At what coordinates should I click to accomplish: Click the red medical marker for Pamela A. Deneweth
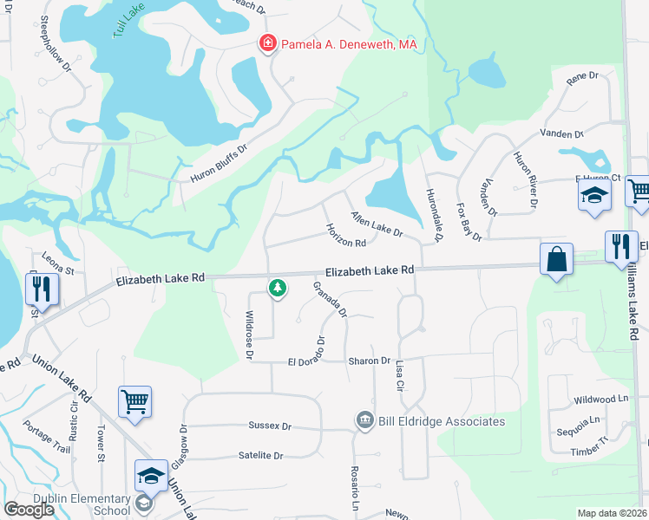click(x=269, y=43)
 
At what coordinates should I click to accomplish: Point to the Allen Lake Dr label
click(x=377, y=224)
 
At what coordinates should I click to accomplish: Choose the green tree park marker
click(x=277, y=287)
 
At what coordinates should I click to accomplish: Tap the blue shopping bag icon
click(x=555, y=258)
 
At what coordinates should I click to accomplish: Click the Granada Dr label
click(x=330, y=299)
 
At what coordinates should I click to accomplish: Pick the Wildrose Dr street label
click(x=249, y=335)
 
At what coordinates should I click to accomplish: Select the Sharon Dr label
click(x=369, y=361)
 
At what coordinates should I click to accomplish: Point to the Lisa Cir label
click(x=400, y=374)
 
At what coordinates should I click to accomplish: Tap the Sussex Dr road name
click(x=270, y=426)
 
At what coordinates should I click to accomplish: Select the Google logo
click(x=29, y=510)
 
